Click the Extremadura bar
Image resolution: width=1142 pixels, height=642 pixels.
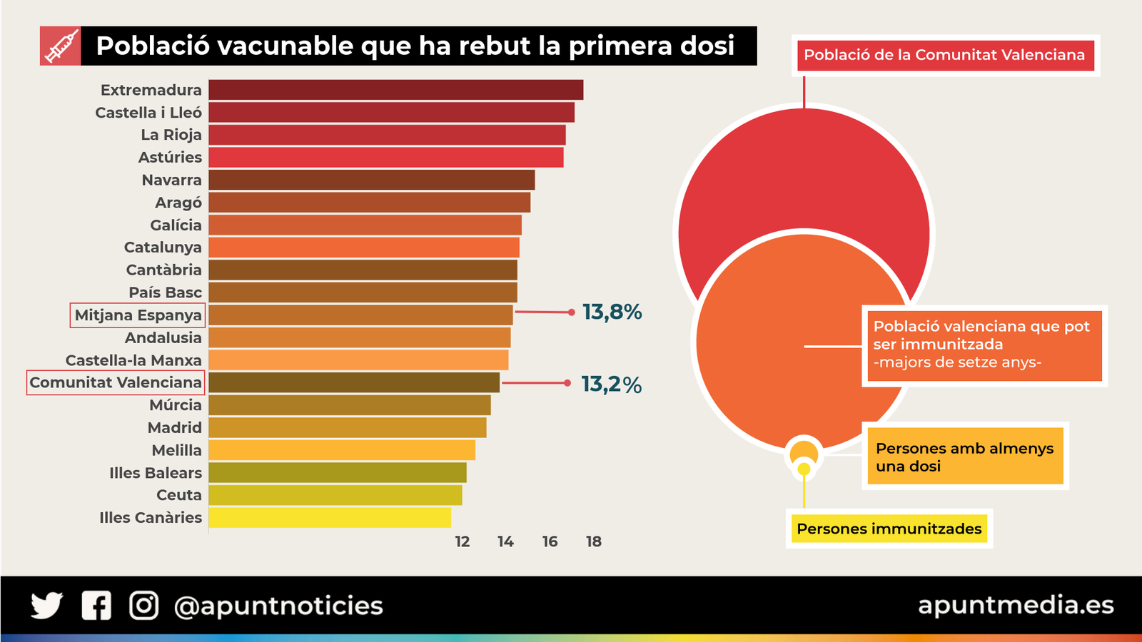[396, 90]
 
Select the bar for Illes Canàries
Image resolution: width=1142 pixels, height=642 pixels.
[330, 518]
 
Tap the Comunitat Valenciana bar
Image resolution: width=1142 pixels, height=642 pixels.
[354, 383]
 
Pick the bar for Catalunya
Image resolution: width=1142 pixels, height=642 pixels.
[364, 248]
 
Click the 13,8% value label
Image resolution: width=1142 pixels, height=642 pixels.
[612, 312]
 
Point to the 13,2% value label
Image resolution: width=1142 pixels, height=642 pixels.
[612, 384]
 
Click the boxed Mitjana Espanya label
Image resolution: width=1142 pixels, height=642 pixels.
[138, 315]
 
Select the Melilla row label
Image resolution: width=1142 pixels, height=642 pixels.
[176, 450]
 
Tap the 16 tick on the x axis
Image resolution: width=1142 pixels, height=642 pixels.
[550, 541]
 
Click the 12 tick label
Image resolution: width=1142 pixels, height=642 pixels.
[463, 541]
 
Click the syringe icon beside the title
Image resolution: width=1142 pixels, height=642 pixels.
[61, 46]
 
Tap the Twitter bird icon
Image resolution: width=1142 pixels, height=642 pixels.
[47, 606]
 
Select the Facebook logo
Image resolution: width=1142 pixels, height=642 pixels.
[96, 606]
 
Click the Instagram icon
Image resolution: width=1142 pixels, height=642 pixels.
[143, 606]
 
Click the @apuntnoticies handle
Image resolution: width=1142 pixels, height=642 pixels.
[278, 606]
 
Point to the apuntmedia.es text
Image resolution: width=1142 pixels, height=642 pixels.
[1015, 605]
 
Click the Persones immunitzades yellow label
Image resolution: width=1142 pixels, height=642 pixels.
[889, 529]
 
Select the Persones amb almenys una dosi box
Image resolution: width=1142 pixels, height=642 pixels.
[965, 457]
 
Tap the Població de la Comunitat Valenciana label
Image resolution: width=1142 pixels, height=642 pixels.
[944, 55]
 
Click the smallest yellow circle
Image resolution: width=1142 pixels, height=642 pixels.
[804, 469]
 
